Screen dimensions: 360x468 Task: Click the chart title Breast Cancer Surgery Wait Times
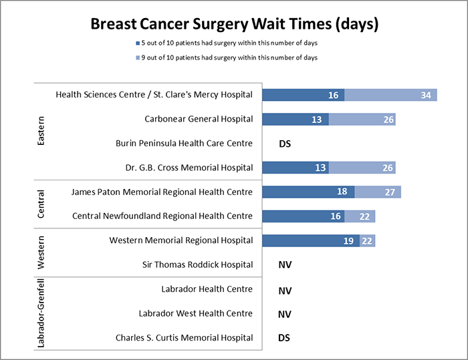pos(234,24)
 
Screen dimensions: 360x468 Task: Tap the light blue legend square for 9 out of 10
pos(136,58)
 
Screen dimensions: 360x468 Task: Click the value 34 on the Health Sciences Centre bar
pos(425,96)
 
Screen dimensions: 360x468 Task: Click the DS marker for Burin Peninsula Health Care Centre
pos(285,144)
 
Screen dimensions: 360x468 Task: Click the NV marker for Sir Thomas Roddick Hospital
pos(285,265)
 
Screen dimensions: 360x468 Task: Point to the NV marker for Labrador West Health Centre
pos(285,314)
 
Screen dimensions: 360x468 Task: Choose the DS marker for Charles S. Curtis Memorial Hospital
pos(285,338)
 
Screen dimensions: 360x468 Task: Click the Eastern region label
pos(41,132)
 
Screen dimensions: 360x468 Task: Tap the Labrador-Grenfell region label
pos(41,313)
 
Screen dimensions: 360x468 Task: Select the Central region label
pos(41,204)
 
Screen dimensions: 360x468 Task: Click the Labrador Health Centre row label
pos(207,289)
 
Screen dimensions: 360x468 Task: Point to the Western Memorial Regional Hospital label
pos(181,240)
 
